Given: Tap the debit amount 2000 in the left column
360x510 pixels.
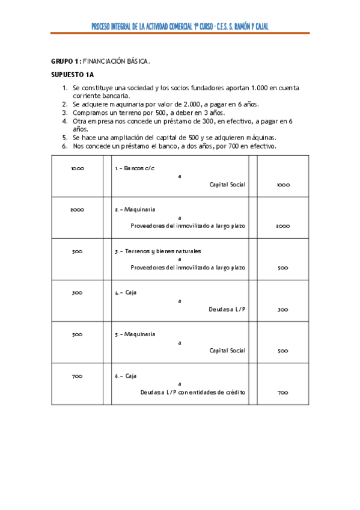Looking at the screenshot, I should [77, 210].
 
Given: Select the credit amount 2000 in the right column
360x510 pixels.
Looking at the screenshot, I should [283, 226].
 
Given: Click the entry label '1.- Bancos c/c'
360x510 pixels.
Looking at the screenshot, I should [135, 168].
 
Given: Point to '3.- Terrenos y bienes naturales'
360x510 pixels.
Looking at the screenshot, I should [158, 251].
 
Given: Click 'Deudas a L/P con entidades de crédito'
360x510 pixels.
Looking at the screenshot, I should [193, 393].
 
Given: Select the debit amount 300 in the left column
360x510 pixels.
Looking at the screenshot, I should [77, 293].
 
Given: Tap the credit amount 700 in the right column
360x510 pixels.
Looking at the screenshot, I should [283, 393].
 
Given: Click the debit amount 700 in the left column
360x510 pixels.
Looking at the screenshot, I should [77, 376].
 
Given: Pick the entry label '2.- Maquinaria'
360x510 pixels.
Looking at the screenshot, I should [135, 210].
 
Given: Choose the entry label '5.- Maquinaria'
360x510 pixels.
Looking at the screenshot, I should [135, 334].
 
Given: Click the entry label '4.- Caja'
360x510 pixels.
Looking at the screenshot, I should [126, 293].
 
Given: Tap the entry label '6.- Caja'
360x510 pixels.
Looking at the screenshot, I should [126, 376].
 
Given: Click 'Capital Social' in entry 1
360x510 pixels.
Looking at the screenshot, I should [227, 185].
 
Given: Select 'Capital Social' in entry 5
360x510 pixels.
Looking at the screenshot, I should [227, 351].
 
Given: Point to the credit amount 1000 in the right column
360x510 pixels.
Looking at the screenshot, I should [283, 185].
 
